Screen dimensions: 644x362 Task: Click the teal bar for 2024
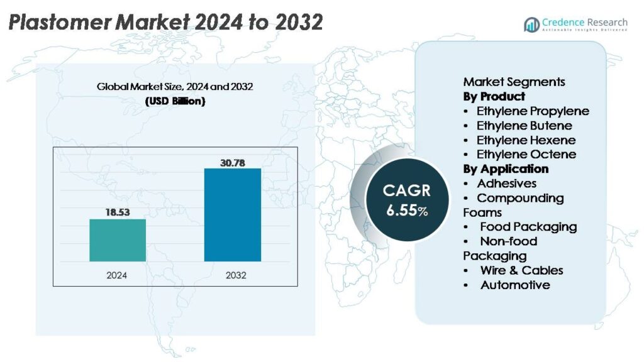click(118, 240)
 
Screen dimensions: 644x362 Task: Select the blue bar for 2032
click(233, 215)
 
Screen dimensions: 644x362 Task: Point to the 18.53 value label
click(118, 212)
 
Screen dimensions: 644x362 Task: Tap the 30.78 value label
click(233, 163)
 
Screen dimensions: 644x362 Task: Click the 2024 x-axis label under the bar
click(116, 275)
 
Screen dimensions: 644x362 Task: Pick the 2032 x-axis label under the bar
click(236, 275)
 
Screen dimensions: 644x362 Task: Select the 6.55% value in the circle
click(407, 210)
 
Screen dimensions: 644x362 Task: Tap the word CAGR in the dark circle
click(407, 190)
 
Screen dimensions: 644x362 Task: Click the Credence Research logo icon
click(531, 25)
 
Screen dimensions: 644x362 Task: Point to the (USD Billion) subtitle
click(175, 101)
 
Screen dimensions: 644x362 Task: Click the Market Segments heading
click(514, 82)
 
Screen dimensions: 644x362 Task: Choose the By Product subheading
click(494, 96)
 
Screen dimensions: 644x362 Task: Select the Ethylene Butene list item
click(524, 126)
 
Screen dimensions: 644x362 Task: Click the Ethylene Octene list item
click(526, 155)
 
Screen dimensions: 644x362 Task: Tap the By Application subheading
click(506, 169)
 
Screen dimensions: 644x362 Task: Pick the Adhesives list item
click(506, 184)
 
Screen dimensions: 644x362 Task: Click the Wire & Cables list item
click(521, 270)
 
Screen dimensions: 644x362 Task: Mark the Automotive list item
click(515, 285)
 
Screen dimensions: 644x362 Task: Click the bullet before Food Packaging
click(466, 227)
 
